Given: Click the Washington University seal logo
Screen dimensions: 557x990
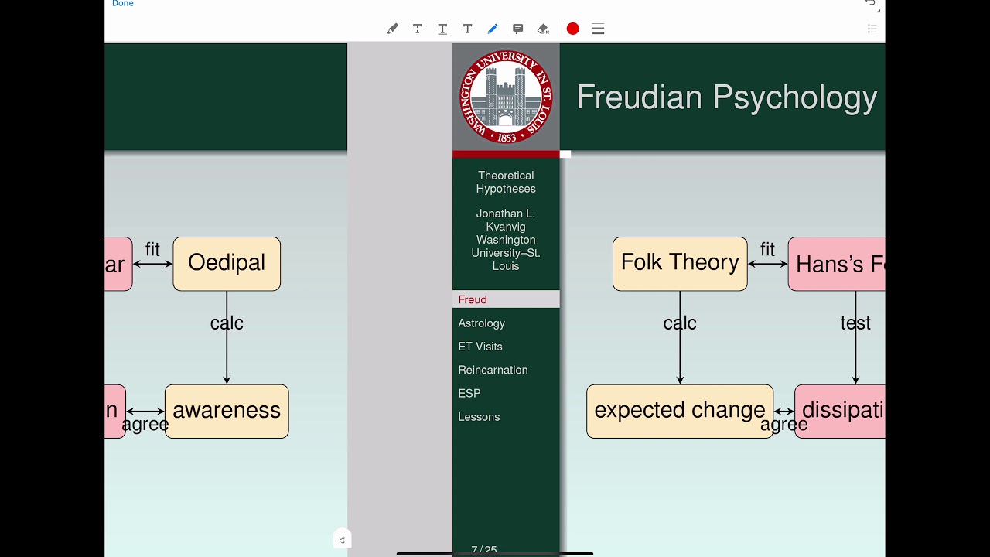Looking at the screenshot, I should pos(506,97).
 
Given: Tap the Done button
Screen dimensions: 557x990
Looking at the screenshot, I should pos(122,4).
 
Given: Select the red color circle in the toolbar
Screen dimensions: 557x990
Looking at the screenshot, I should pos(572,29).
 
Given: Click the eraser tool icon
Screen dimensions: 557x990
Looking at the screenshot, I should pos(543,29).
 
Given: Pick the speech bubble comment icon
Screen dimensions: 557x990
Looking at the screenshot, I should pos(517,29).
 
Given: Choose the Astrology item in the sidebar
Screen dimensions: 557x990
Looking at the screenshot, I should pos(481,323).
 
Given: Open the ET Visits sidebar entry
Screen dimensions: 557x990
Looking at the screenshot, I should pos(480,347).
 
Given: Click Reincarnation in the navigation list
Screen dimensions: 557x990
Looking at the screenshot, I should pos(493,370).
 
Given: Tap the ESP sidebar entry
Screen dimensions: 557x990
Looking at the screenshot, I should pos(469,393).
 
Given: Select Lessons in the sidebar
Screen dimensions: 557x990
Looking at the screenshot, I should pos(479,417).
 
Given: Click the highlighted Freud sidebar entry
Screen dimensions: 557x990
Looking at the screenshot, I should pos(473,299).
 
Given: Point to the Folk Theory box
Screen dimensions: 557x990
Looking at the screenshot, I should pos(680,263).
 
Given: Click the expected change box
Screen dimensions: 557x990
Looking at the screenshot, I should pos(679,411).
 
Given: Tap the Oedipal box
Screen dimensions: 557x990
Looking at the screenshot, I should pos(227,263).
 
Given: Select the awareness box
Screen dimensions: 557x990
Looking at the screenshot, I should pos(227,411).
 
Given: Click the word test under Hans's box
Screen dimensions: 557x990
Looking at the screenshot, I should pos(855,323).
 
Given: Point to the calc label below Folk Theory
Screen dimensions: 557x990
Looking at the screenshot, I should pos(680,323).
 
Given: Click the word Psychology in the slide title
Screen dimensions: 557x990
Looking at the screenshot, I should pos(794,97).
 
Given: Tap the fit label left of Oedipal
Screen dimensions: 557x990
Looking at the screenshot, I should pos(152,250).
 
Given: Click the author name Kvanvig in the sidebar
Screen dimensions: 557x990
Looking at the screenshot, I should pos(506,227).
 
